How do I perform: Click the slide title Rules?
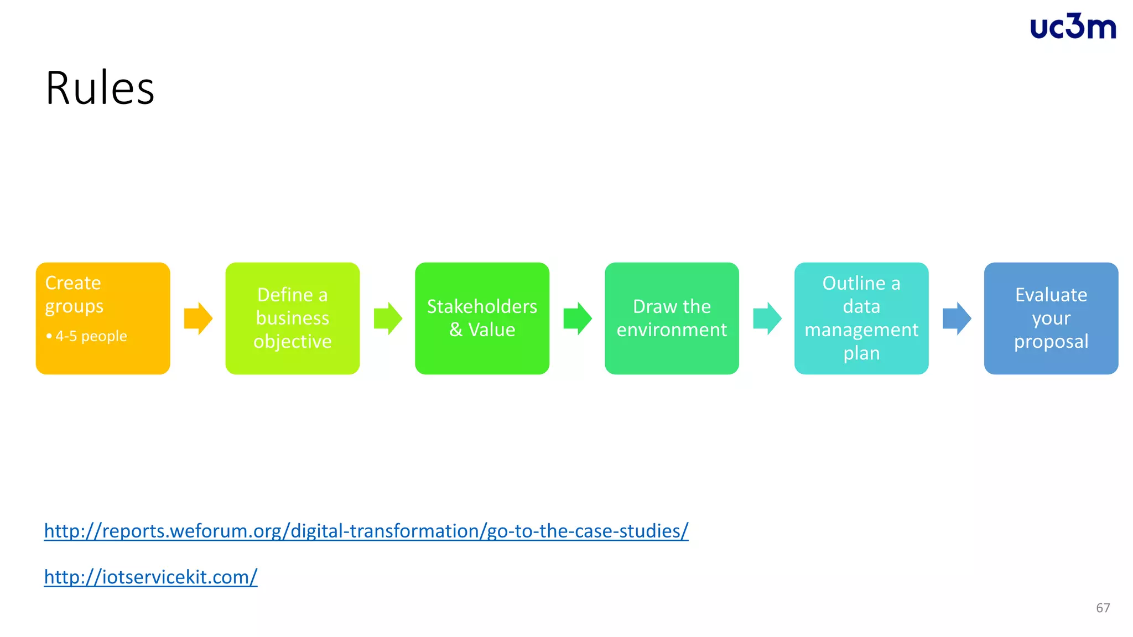[x=100, y=88]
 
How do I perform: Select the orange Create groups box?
[x=103, y=318]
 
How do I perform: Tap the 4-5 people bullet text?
[x=91, y=336]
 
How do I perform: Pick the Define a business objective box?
[x=292, y=318]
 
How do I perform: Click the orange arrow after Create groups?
[x=198, y=318]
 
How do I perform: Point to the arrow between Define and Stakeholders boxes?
[x=388, y=318]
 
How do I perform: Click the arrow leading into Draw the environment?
[x=578, y=318]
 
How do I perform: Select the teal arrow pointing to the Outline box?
[x=767, y=318]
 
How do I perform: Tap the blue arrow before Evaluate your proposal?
[x=957, y=318]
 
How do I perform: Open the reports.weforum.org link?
[x=366, y=531]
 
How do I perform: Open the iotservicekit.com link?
[x=150, y=577]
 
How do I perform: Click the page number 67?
[x=1103, y=608]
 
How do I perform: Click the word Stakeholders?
[x=482, y=306]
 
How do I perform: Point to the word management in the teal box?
[x=861, y=330]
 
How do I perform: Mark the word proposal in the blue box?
[x=1051, y=342]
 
